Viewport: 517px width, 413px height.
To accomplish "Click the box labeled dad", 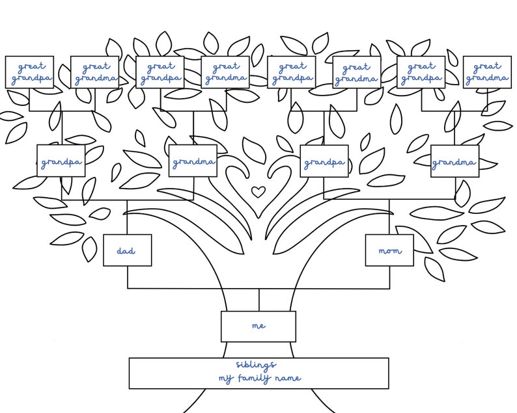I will coord(127,250).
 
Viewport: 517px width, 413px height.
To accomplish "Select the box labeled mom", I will coord(389,250).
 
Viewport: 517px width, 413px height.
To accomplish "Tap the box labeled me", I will coord(258,326).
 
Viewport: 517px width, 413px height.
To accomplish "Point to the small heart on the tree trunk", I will coord(258,192).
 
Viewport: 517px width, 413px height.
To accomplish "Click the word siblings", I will coord(256,365).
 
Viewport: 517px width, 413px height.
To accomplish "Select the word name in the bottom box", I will coord(289,378).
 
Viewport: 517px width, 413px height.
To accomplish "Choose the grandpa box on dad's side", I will coord(61,161).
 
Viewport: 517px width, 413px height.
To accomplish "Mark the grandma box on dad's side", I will coord(193,161).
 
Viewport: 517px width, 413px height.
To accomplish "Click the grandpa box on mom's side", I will coord(324,161).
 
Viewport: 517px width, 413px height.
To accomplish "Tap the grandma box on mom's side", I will coord(454,161).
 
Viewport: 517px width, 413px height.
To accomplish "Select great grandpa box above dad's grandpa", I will coord(29,72).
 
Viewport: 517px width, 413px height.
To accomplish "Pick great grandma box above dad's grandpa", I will coord(94,72).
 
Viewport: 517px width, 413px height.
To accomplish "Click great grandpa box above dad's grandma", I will coord(160,72).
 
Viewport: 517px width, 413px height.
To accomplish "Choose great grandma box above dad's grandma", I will coord(225,72).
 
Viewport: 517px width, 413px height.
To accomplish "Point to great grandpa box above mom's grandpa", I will coord(291,72).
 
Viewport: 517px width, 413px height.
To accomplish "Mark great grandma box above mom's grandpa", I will coord(356,72).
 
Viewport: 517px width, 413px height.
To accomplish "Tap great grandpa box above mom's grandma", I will coord(421,72).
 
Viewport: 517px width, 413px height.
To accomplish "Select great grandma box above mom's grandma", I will coord(486,72).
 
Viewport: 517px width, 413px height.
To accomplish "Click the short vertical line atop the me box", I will coord(258,300).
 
